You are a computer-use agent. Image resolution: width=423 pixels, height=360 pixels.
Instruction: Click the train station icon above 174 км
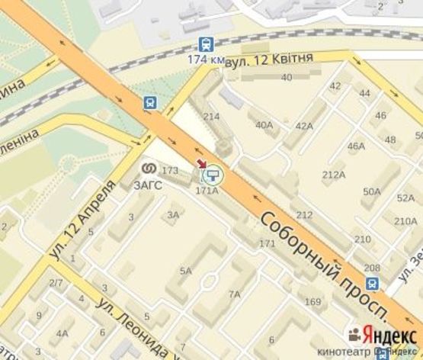pyautogui.click(x=205, y=44)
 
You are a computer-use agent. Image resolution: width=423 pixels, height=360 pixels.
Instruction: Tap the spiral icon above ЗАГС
pyautogui.click(x=149, y=168)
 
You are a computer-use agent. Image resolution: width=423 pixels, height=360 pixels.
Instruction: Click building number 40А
pyautogui.click(x=264, y=125)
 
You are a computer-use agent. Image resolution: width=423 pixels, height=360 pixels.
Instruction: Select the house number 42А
pyautogui.click(x=304, y=126)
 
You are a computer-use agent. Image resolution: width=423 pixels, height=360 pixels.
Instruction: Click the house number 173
pyautogui.click(x=170, y=170)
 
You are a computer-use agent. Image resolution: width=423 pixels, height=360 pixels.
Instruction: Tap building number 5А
pyautogui.click(x=185, y=271)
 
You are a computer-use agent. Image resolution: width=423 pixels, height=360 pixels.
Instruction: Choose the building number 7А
pyautogui.click(x=234, y=294)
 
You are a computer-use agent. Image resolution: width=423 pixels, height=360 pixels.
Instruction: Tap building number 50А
pyautogui.click(x=371, y=191)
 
